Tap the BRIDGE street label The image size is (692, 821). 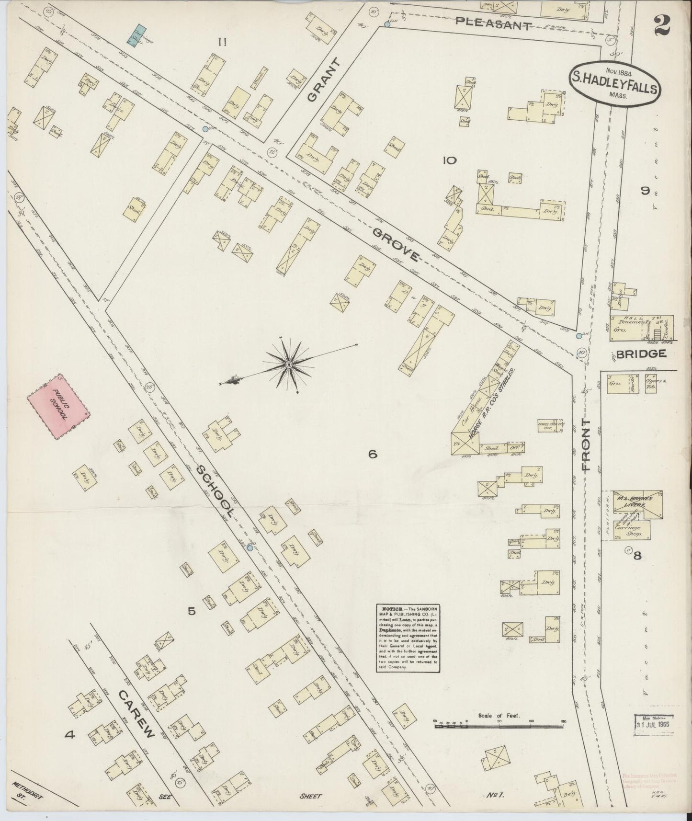click(x=641, y=353)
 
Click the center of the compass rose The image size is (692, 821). click(x=289, y=365)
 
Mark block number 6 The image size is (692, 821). click(x=373, y=455)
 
